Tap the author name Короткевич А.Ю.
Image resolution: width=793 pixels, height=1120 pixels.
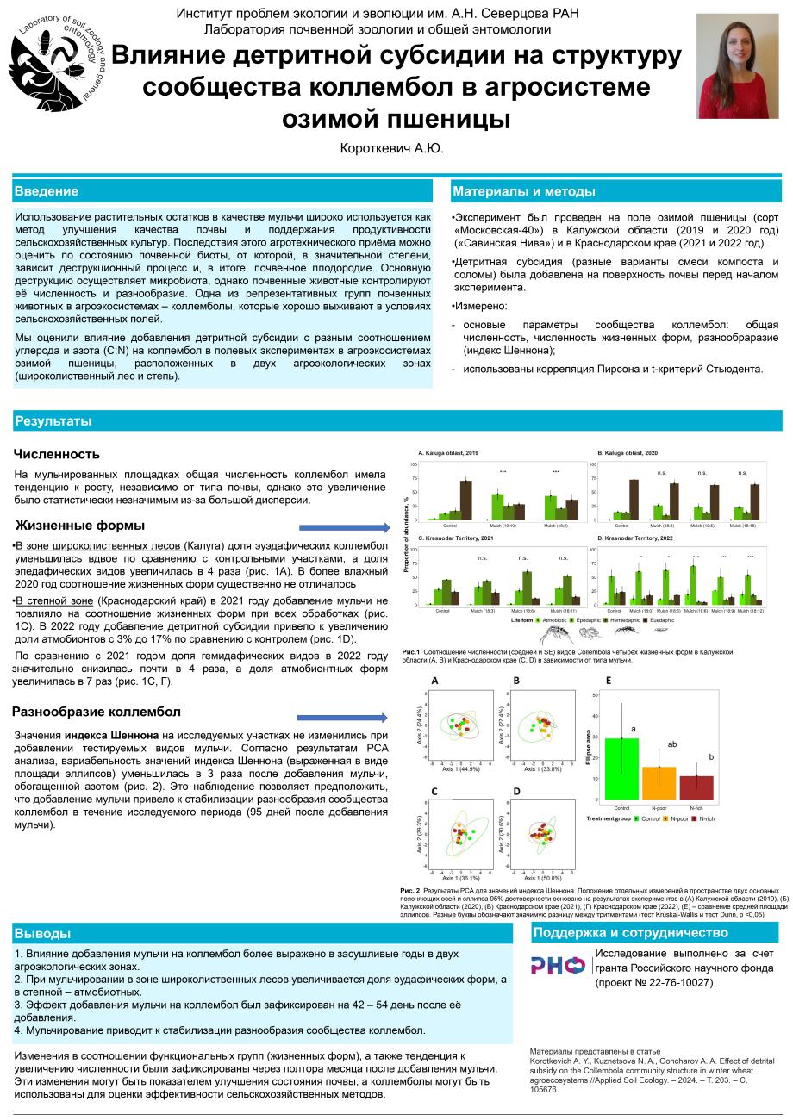pos(393,148)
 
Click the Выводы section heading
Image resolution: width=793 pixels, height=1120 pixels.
pos(43,934)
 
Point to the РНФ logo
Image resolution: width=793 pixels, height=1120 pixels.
pos(558,965)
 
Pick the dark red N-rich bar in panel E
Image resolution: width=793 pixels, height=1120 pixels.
pos(696,787)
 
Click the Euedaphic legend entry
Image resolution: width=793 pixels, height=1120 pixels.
pos(659,619)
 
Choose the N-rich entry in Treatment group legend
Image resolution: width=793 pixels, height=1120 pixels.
pos(704,818)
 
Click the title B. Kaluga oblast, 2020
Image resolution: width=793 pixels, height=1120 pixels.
pos(628,452)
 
